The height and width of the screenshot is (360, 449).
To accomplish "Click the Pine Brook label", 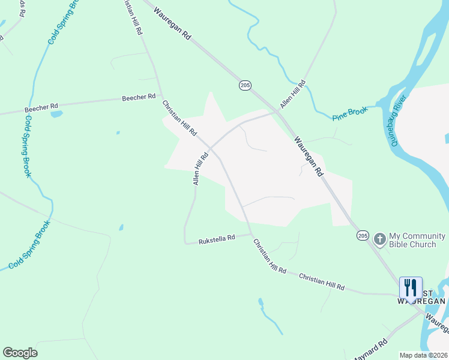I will tap(349, 113).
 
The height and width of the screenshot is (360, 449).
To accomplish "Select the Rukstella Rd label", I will tap(217, 239).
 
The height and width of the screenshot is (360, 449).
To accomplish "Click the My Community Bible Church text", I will tap(417, 240).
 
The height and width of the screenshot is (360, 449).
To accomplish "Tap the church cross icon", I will tap(379, 239).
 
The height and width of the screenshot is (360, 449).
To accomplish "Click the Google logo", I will tap(20, 353).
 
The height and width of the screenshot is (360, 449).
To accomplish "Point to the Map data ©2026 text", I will tap(423, 355).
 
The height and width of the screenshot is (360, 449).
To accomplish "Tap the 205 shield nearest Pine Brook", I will tap(245, 86).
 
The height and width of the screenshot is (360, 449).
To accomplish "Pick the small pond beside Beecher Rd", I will tap(57, 113).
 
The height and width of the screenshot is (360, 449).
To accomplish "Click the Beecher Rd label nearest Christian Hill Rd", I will tap(139, 97).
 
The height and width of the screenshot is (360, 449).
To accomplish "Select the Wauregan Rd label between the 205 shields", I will tap(309, 155).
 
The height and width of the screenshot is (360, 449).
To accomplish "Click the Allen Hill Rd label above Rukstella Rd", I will tap(200, 168).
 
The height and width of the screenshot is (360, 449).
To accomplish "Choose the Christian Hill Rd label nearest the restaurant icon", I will tap(322, 282).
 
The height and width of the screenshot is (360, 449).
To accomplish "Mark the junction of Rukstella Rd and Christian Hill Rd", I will tap(250, 234).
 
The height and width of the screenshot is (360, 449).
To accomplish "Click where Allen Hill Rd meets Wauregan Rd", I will tap(278, 111).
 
